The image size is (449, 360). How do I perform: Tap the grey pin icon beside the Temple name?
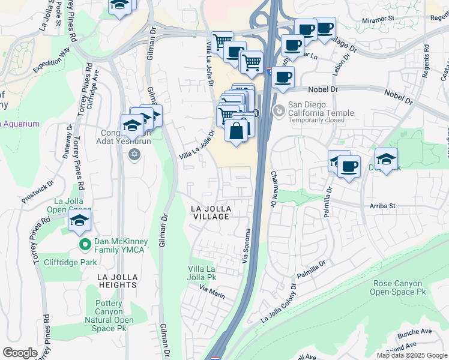(279, 110)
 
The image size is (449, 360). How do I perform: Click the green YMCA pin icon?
(85, 244)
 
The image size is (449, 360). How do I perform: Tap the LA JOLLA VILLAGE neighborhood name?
(210, 212)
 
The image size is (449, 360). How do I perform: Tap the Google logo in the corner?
(20, 353)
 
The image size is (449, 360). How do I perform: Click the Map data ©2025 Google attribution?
(412, 355)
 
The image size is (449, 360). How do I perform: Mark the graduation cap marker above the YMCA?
(79, 220)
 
